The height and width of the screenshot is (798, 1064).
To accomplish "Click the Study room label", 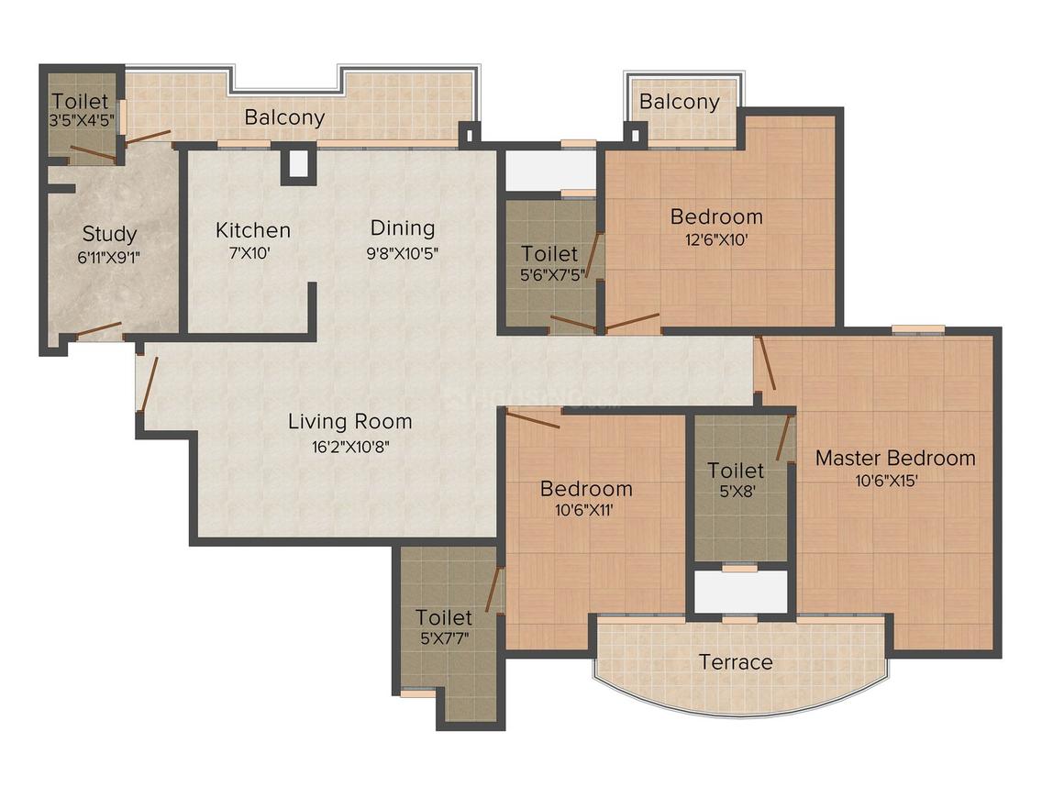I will pyautogui.click(x=109, y=233).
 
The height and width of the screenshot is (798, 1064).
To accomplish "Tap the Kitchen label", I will pyautogui.click(x=253, y=229).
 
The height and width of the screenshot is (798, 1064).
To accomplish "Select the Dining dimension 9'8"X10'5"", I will pyautogui.click(x=402, y=253).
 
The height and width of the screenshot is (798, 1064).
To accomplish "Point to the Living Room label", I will pyautogui.click(x=349, y=422).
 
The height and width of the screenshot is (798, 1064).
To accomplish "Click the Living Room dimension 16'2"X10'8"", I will pyautogui.click(x=349, y=448).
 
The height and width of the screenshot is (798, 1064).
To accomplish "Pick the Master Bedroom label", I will pyautogui.click(x=895, y=458).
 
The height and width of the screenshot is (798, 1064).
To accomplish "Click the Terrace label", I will pyautogui.click(x=736, y=661).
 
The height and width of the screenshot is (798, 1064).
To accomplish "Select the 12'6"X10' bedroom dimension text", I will pyautogui.click(x=716, y=240).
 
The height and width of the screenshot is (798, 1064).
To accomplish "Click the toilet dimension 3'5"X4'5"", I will pyautogui.click(x=80, y=120).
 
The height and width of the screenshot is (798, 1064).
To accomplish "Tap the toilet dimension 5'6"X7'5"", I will pyautogui.click(x=549, y=274).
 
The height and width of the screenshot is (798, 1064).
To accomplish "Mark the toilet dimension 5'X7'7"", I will pyautogui.click(x=444, y=640).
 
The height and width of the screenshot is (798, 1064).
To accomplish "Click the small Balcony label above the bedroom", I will pyautogui.click(x=680, y=101).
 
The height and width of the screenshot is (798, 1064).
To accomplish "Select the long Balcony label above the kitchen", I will pyautogui.click(x=284, y=117).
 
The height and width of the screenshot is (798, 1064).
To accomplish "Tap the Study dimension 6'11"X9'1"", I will pyautogui.click(x=109, y=258).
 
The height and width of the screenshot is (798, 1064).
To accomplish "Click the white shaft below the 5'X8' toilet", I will pyautogui.click(x=740, y=592).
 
